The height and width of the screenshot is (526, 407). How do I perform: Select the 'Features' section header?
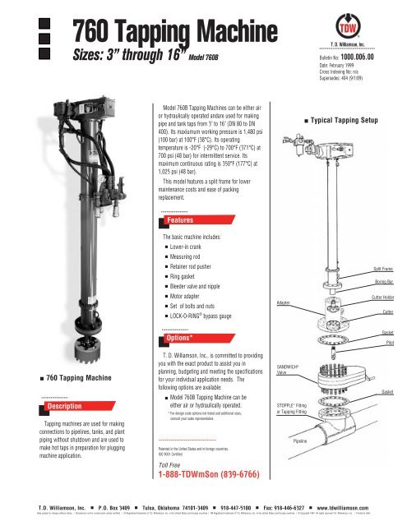(x=179, y=196)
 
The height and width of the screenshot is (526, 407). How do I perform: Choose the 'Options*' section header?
(x=180, y=337)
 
